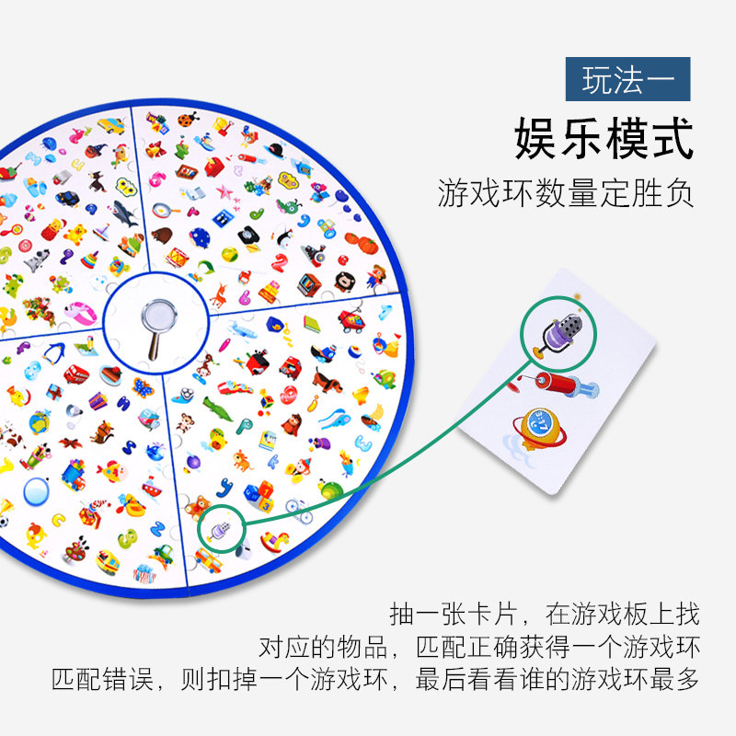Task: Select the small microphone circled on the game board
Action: pos(220,528)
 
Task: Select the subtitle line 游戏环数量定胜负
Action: pos(565,193)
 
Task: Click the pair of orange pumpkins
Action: pos(359,244)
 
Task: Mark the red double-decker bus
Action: pos(75,375)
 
